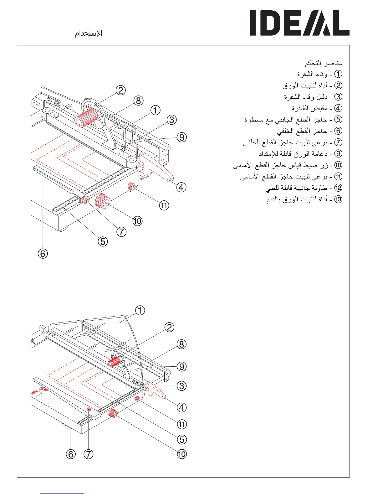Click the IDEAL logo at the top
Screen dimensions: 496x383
[299, 23]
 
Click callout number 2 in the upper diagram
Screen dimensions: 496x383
[120, 90]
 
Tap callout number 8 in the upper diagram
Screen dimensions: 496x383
[138, 101]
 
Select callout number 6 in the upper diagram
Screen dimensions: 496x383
[43, 253]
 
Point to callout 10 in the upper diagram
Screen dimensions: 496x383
[137, 221]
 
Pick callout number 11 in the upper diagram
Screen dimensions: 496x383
[164, 205]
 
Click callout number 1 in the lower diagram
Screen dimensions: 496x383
[140, 310]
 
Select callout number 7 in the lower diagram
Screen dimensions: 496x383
[89, 454]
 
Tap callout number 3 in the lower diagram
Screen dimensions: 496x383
[181, 385]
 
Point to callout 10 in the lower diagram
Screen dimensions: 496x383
[181, 454]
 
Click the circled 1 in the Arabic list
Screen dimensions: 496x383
[338, 74]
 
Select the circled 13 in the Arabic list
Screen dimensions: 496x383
[338, 199]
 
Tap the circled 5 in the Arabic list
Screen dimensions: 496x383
[338, 119]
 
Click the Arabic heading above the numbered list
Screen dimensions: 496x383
[324, 63]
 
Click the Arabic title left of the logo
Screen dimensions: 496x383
[89, 33]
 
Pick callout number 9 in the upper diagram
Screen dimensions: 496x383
[181, 137]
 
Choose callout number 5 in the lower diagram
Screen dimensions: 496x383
[181, 439]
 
